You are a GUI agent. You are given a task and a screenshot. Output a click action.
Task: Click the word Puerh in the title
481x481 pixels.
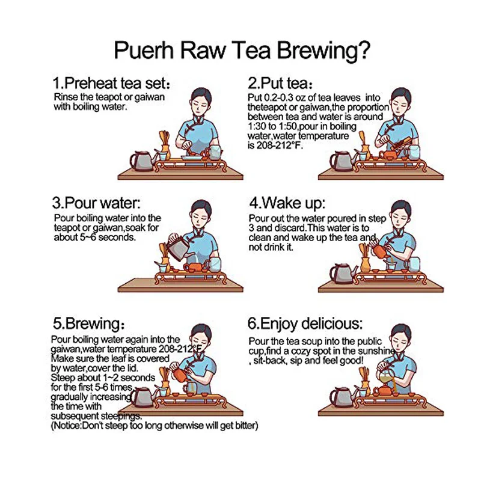144,50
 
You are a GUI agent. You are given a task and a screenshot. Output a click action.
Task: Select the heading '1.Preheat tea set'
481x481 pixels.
111,83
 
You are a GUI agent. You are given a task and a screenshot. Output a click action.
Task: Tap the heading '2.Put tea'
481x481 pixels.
280,83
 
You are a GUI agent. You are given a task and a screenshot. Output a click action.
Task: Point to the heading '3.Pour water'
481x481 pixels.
96,203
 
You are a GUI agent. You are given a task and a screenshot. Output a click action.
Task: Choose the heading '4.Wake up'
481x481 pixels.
287,203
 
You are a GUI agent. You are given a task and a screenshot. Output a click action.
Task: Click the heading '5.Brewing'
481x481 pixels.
88,323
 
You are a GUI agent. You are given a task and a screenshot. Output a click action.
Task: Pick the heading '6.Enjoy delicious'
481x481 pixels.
305,324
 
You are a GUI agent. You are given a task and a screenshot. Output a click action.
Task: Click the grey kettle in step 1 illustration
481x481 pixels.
142,161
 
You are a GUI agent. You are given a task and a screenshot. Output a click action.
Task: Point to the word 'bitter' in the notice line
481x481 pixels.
247,426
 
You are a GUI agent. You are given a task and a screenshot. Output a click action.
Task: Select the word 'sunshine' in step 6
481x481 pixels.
376,351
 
